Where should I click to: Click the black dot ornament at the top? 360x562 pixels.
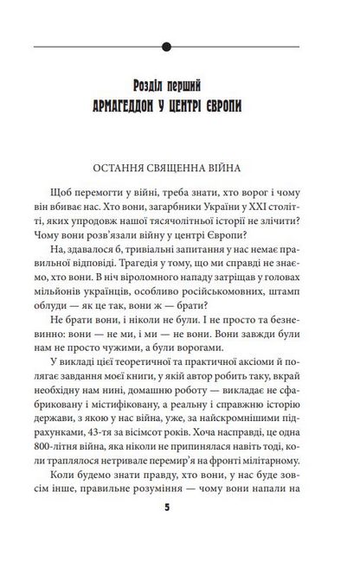tap(179, 45)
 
